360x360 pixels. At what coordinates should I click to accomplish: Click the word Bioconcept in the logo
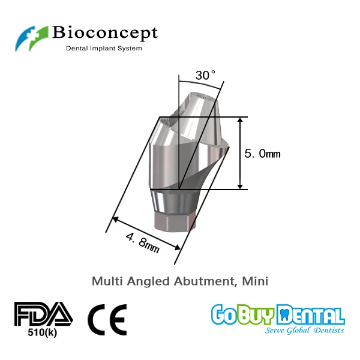[x=105, y=32]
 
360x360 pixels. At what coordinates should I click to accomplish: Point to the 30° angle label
[x=205, y=76]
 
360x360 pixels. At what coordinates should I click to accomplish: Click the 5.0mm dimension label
[x=262, y=154]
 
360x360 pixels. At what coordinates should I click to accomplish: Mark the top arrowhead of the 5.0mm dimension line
[x=240, y=121]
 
